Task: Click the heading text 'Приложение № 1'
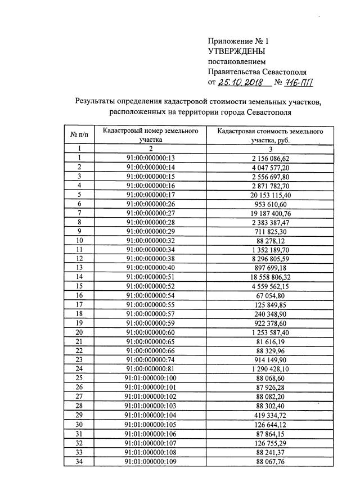coord(238,41)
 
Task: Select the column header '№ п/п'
coord(79,135)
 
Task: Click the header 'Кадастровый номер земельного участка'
coord(150,135)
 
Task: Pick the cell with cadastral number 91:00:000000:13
coord(151,159)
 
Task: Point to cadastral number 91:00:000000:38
coord(151,258)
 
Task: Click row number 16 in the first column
coord(79,295)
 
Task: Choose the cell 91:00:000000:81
coord(151,368)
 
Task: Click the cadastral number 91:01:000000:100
coord(151,377)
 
